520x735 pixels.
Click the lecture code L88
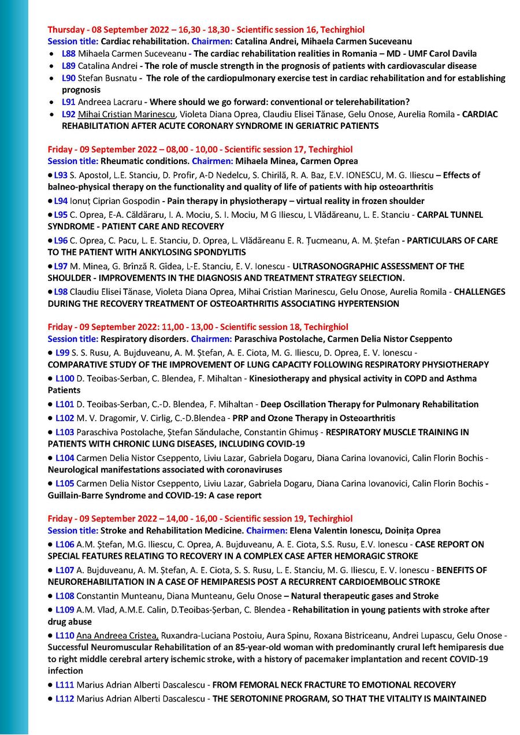[68, 54]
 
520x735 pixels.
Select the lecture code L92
[68, 114]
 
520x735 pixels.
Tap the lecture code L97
[61, 266]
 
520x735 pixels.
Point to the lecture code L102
[65, 418]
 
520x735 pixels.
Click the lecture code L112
[65, 699]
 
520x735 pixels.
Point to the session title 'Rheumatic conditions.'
[145, 161]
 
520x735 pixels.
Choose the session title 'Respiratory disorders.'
[144, 339]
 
